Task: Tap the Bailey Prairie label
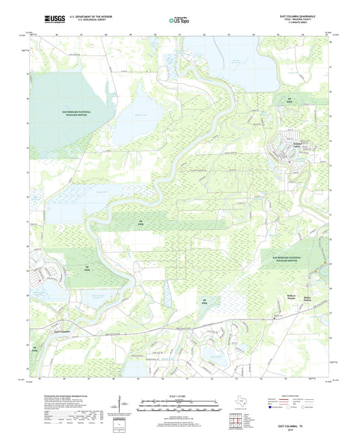308,298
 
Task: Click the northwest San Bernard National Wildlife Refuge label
68,111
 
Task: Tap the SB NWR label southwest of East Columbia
34,349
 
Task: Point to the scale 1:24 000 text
179,395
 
